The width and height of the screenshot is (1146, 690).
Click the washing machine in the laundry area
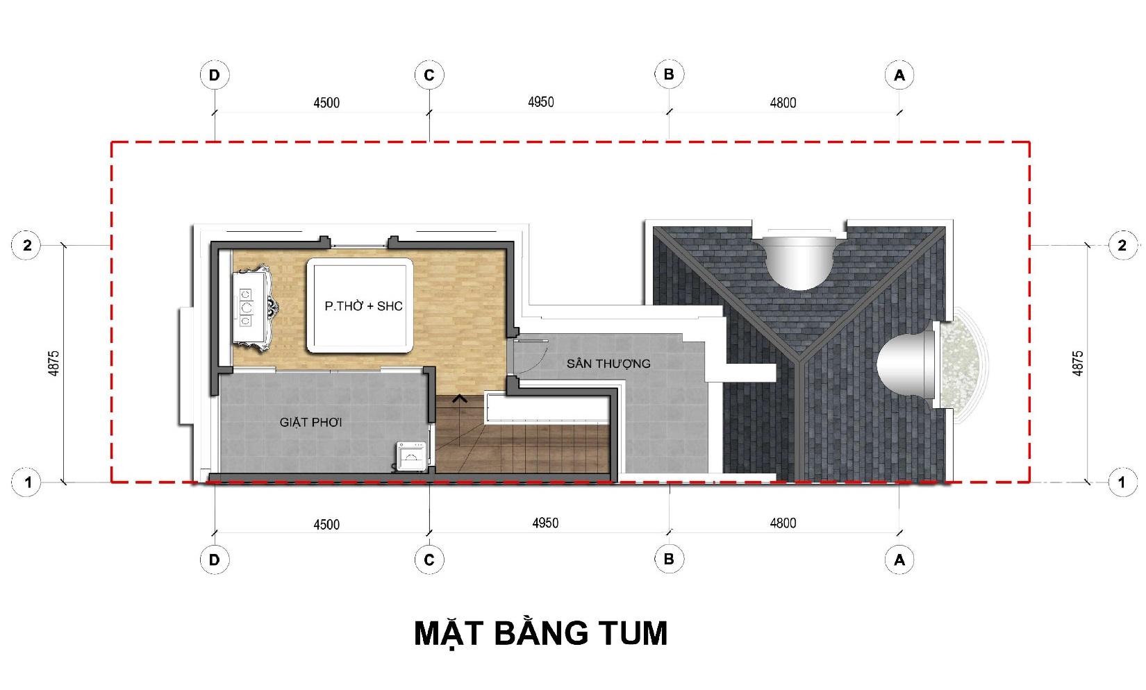point(411,456)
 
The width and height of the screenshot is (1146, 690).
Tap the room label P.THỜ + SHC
point(363,306)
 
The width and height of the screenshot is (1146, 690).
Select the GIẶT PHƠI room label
point(310,423)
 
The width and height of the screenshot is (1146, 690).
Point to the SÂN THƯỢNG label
point(608,364)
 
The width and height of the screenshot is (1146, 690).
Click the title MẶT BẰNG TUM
point(541,634)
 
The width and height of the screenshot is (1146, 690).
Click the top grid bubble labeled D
point(215,75)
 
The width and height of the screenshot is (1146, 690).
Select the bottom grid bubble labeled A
point(899,559)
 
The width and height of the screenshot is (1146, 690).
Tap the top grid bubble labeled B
point(669,74)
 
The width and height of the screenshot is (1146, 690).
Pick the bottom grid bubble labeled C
point(429,559)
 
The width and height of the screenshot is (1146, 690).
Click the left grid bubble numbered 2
point(26,246)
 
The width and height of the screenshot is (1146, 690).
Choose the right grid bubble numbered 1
point(1122,482)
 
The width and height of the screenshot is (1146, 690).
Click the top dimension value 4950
point(541,102)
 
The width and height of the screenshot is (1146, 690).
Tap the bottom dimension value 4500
point(326,525)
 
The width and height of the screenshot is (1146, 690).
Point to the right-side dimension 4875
point(1077,364)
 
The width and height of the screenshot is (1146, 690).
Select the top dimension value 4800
point(783,103)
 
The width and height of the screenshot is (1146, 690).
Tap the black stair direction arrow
point(459,399)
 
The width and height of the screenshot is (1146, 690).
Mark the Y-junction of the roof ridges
point(799,360)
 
